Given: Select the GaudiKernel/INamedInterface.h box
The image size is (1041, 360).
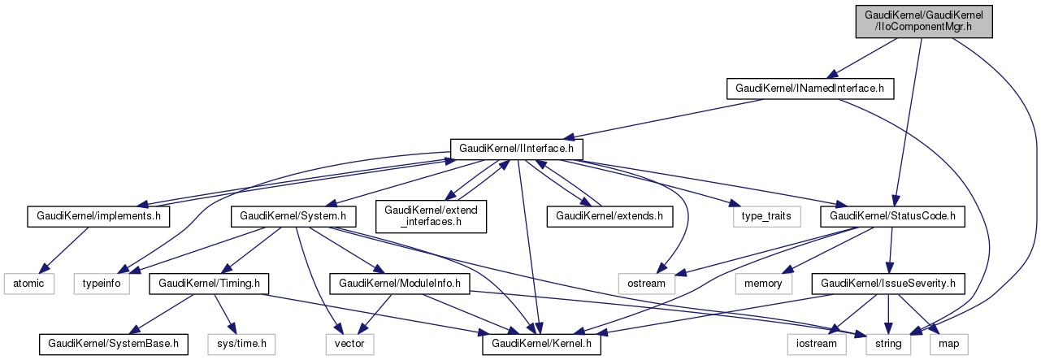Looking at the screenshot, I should tap(809, 87).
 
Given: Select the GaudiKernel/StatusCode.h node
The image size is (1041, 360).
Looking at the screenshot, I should tap(891, 217).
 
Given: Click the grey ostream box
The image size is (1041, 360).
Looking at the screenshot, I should tap(647, 284).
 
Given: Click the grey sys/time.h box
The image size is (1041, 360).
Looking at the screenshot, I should tap(241, 345).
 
